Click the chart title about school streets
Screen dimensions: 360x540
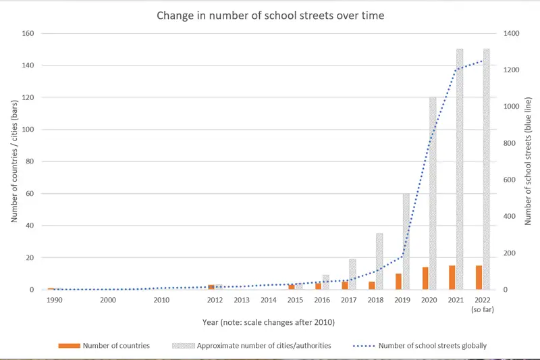[270, 16]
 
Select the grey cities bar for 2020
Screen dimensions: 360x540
[433, 193]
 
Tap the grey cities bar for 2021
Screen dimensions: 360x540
[460, 169]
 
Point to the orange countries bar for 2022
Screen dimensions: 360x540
[479, 278]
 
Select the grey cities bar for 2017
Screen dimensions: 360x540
[352, 274]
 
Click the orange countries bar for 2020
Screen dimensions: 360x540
[425, 278]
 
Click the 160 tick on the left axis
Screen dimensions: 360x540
[29, 33]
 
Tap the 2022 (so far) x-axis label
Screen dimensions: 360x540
[483, 304]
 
